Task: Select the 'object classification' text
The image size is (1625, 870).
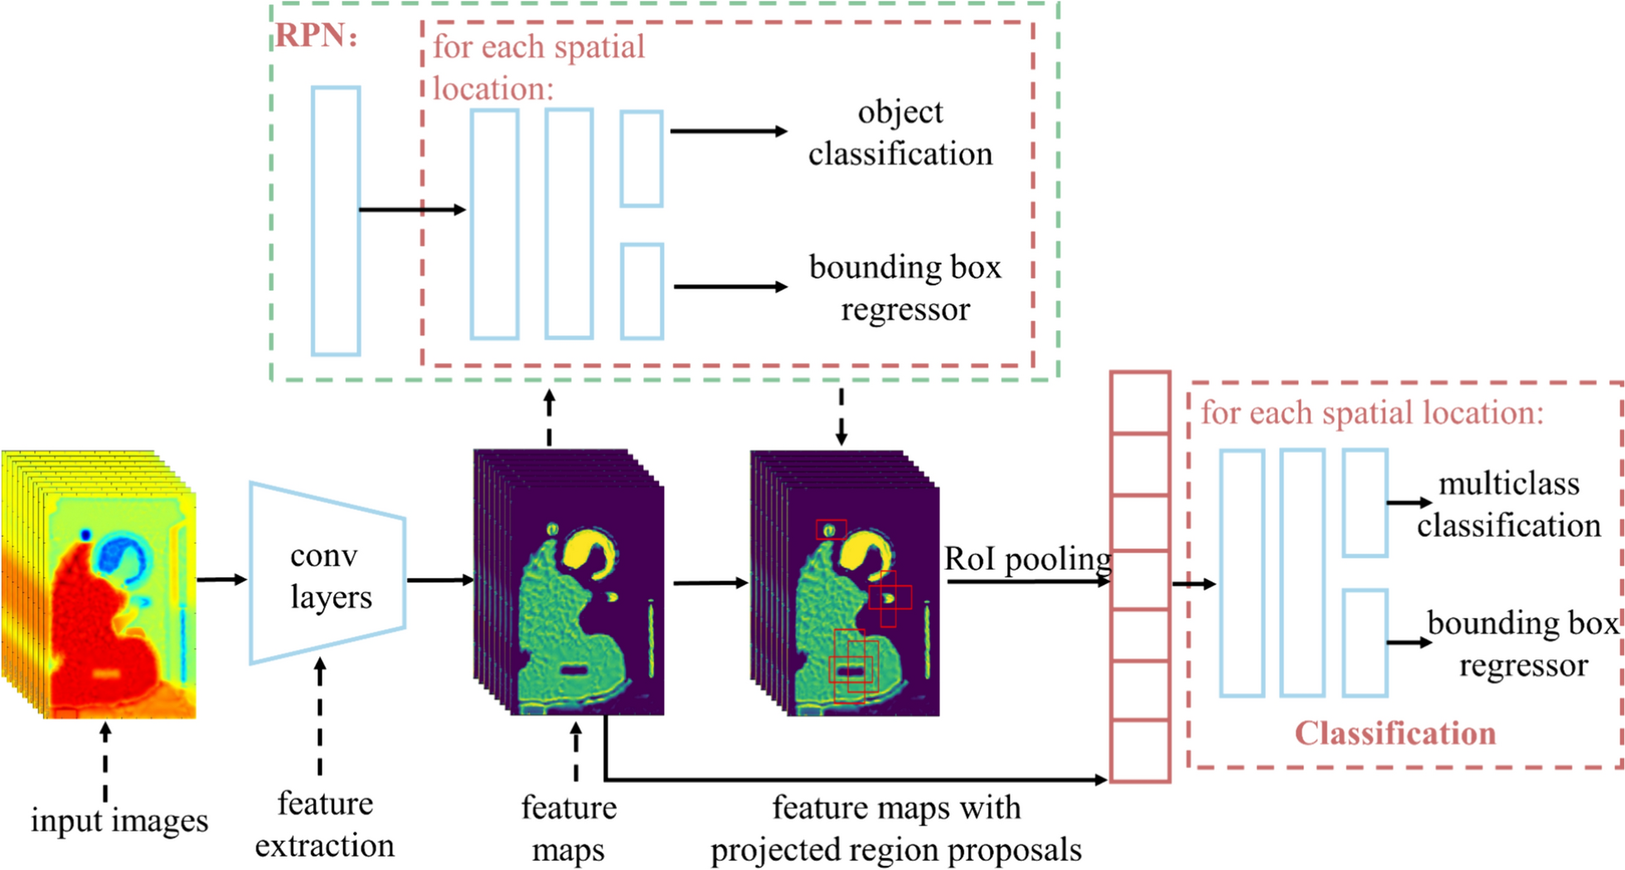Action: point(900,133)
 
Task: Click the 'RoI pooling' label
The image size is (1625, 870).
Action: point(1027,559)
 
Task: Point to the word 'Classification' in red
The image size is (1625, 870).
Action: point(1395,733)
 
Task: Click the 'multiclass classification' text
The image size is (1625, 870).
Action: point(1508,504)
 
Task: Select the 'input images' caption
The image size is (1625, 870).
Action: point(119,820)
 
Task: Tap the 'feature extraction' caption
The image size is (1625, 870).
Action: point(325,824)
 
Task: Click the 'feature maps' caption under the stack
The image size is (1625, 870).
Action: point(569,828)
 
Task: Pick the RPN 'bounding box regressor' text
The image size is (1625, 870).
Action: point(905,288)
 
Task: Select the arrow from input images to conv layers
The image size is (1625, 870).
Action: point(221,579)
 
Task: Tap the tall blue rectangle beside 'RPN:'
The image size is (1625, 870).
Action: point(336,221)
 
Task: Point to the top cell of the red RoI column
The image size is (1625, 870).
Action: point(1140,403)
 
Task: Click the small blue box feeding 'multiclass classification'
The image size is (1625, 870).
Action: point(1365,503)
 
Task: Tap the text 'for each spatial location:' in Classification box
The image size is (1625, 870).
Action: point(1372,413)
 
